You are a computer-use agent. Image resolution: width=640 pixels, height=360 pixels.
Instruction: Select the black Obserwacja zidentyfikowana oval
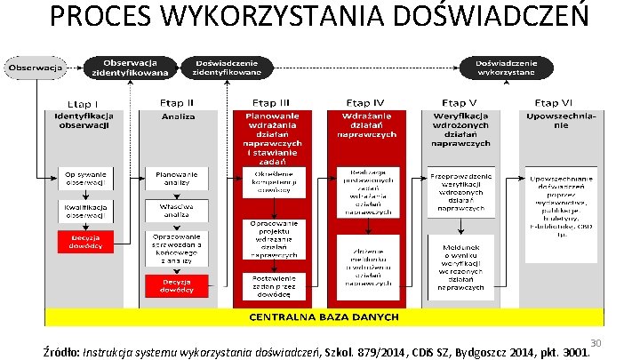point(130,66)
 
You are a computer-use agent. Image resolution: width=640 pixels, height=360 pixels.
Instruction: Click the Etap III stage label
point(272,103)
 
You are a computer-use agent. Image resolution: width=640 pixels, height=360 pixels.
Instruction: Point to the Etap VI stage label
point(560,103)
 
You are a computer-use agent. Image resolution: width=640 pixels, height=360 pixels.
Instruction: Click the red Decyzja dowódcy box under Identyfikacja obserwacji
point(84,241)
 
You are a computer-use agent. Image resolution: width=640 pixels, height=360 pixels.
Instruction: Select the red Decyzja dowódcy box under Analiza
point(179,284)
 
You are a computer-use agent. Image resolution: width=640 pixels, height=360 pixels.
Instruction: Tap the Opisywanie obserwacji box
point(84,178)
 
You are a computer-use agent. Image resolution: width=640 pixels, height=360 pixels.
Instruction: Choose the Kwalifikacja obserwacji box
point(84,210)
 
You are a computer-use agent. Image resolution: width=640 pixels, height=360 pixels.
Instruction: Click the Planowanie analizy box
point(179,178)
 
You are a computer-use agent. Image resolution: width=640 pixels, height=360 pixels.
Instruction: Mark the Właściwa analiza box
point(179,210)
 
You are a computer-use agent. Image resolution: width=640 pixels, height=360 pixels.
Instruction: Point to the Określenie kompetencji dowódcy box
point(272,182)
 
